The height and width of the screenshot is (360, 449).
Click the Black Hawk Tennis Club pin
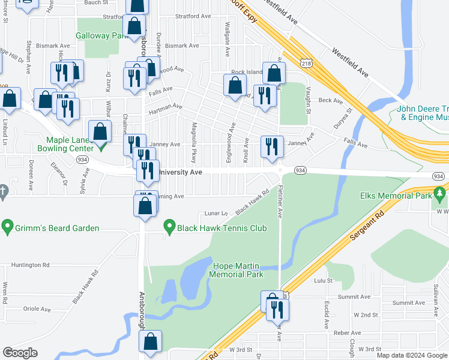169,228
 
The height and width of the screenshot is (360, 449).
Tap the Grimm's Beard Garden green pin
7,228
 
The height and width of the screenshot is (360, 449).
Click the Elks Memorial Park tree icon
440,194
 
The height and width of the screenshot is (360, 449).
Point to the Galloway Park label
103,35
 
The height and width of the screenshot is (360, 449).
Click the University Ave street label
180,172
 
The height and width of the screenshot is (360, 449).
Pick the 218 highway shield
306,63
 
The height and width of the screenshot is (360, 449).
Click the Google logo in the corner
20,353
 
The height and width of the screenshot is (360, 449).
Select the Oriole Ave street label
37,309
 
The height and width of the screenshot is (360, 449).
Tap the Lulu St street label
323,280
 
